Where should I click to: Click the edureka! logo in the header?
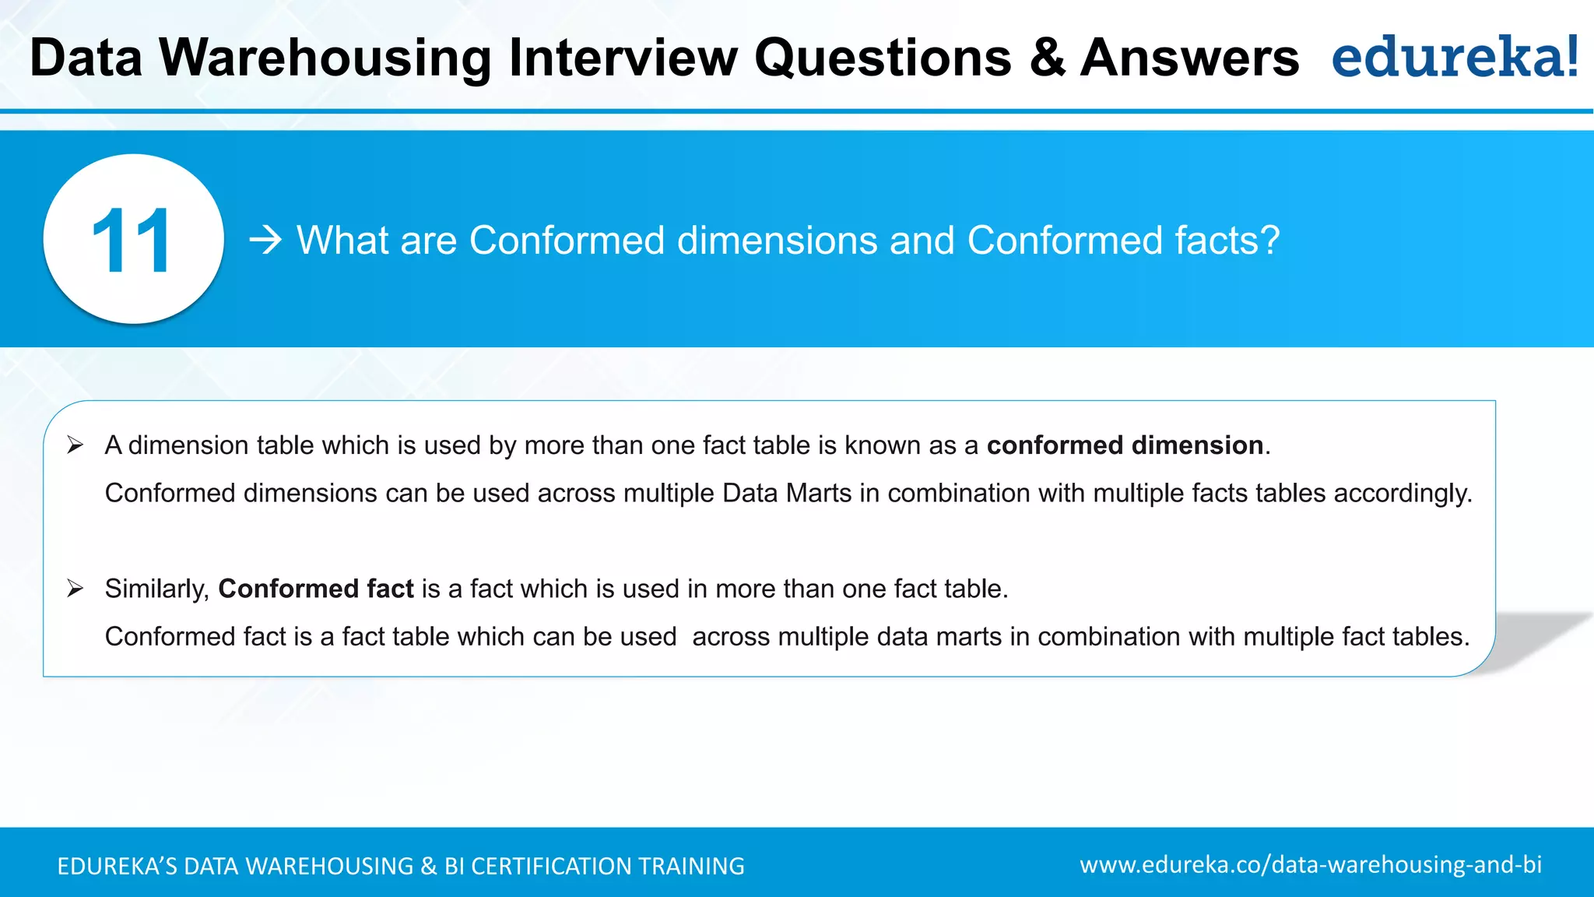click(x=1455, y=57)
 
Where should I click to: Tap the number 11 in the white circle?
click(x=132, y=241)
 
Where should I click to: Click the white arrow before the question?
click(x=265, y=240)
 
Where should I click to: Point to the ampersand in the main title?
click(x=1048, y=58)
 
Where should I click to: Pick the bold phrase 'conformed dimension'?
click(x=1125, y=445)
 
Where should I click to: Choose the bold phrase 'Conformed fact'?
click(x=316, y=589)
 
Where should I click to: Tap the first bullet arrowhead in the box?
click(x=75, y=445)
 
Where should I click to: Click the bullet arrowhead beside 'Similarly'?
click(x=75, y=589)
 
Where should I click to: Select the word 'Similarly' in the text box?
click(x=156, y=589)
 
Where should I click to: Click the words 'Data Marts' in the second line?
click(x=787, y=494)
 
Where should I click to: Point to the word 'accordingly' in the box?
click(x=1402, y=494)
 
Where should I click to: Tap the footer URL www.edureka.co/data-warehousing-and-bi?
click(x=1311, y=864)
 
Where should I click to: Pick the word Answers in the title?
click(x=1190, y=58)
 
